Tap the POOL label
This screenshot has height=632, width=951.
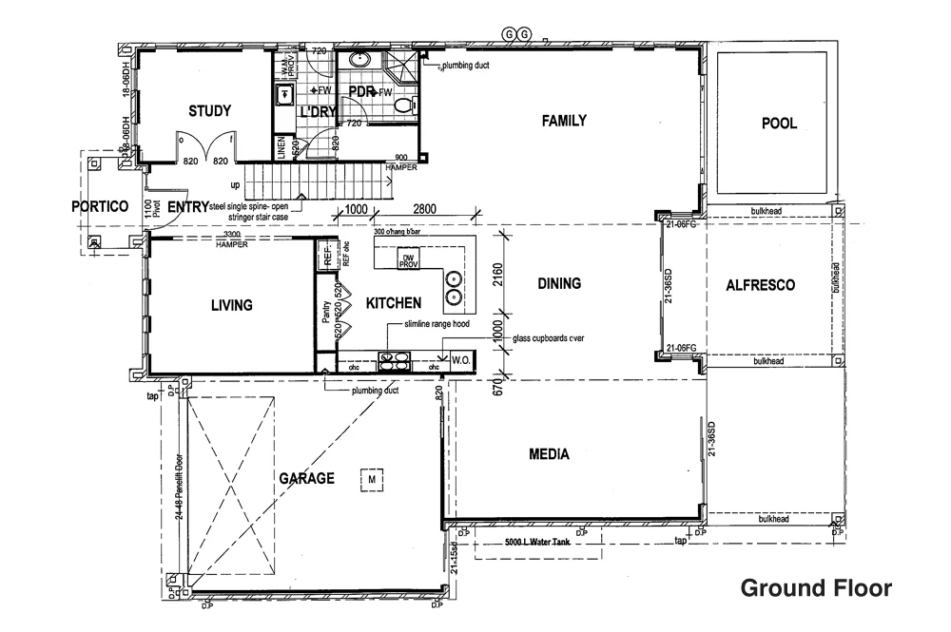(779, 123)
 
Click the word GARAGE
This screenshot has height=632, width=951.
(306, 478)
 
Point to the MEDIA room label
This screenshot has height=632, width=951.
(549, 454)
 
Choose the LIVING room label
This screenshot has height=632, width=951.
(231, 305)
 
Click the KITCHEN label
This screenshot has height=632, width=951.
(394, 303)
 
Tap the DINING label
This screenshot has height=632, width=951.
(558, 283)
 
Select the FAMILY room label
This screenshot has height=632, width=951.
(564, 121)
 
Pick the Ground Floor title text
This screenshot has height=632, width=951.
(816, 587)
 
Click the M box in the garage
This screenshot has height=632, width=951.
(373, 481)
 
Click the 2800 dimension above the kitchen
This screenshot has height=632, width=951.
(423, 209)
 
